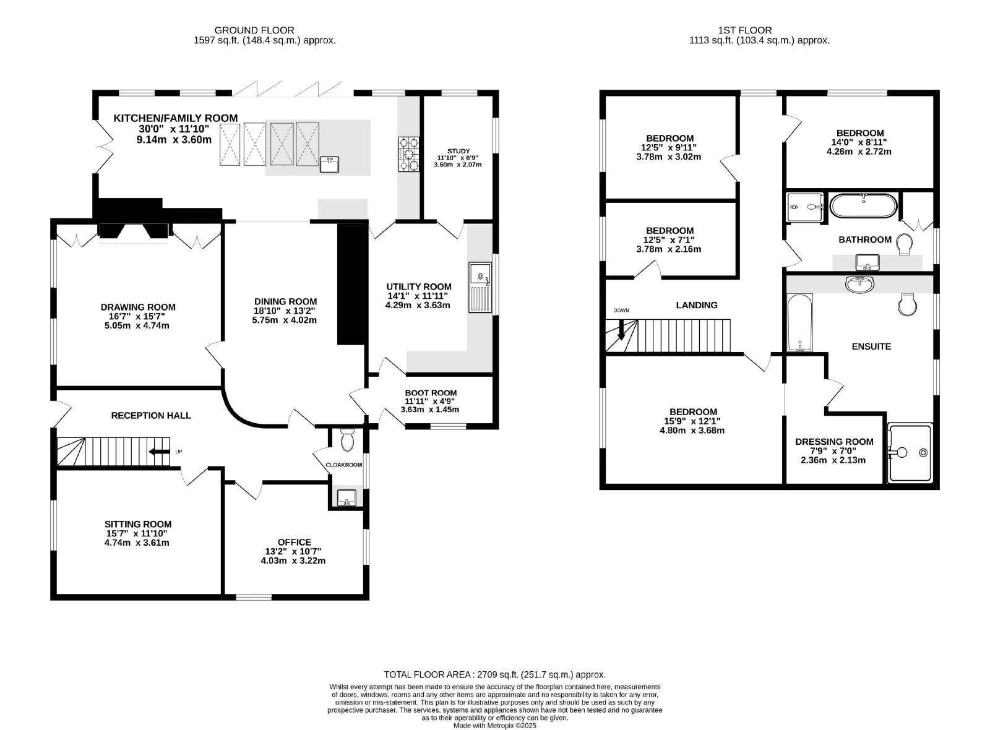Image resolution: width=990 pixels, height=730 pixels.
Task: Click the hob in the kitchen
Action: [x=409, y=154]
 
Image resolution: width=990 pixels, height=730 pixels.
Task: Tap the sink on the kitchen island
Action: [x=329, y=165]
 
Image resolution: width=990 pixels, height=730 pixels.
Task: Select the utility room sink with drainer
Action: [x=480, y=288]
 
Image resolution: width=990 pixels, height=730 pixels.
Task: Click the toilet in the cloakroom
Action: [x=347, y=439]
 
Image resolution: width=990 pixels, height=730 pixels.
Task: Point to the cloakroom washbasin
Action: [x=346, y=497]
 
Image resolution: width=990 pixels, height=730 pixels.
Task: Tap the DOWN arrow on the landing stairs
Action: [x=621, y=329]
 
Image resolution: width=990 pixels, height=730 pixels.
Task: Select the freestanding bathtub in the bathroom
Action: [x=864, y=205]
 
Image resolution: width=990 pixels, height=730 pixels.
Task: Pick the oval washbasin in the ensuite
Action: [x=859, y=284]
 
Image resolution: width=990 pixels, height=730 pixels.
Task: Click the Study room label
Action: [x=458, y=151]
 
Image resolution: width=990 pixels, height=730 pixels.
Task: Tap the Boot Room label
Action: [x=431, y=393]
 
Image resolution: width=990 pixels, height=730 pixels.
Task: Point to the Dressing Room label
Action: [x=834, y=442]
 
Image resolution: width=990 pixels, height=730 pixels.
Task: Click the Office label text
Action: [x=295, y=542]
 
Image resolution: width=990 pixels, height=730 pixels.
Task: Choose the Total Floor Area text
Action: [x=494, y=675]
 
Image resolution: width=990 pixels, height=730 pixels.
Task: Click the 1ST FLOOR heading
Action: [x=745, y=30]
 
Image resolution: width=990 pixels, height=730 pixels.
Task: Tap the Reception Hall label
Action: [x=151, y=415]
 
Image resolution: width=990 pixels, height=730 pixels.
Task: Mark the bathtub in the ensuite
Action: [x=800, y=322]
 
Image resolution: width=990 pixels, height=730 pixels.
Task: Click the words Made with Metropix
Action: [x=479, y=726]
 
